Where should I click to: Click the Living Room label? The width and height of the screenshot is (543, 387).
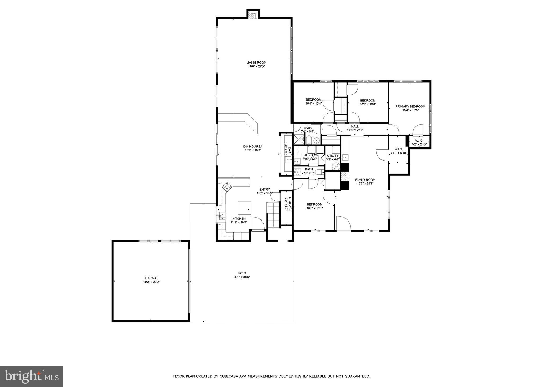[x=256, y=62]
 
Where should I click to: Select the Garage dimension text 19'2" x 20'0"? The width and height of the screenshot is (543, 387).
[x=151, y=282]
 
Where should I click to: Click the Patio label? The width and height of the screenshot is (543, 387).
[x=242, y=273]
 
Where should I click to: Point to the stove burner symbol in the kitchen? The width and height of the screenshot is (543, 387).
[x=227, y=187]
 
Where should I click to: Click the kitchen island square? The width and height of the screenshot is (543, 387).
[x=244, y=208]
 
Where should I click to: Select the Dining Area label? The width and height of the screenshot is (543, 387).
[x=253, y=146]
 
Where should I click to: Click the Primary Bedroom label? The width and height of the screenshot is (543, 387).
[x=410, y=106]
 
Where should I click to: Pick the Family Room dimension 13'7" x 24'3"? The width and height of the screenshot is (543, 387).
[x=365, y=183]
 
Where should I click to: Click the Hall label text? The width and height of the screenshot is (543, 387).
[x=355, y=126]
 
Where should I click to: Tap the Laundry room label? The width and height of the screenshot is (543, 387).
[x=309, y=155]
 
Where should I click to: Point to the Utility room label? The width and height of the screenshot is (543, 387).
[x=332, y=156]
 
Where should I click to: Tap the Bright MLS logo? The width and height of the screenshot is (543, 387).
[x=31, y=376]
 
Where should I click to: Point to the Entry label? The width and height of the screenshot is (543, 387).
[x=265, y=189]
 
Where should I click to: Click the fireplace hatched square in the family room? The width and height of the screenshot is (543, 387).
[x=345, y=176]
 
